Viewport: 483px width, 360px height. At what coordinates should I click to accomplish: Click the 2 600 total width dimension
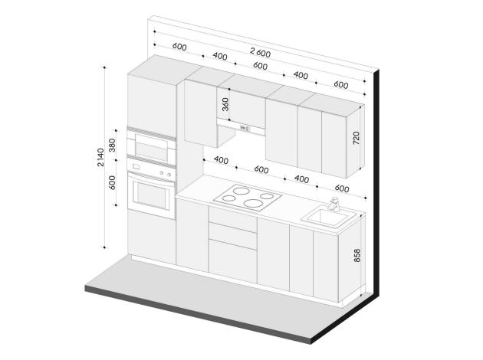(261, 53)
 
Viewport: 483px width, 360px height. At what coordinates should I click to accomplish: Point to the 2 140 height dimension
(100, 157)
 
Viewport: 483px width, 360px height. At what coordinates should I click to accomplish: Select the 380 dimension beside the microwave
(112, 145)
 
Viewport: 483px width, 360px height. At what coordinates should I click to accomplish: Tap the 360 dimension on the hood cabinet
(225, 104)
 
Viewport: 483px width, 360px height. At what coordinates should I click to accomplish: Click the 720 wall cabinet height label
(356, 138)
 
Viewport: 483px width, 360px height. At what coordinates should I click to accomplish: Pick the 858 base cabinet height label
(356, 255)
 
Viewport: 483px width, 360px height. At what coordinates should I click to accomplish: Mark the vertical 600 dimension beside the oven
(112, 182)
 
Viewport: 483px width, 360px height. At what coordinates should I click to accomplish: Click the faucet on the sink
(334, 205)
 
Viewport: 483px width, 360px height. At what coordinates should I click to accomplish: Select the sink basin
(329, 218)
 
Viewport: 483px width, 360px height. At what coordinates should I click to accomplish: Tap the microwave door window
(151, 150)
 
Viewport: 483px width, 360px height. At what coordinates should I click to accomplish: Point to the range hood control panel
(245, 129)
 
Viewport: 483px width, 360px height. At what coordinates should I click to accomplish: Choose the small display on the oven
(136, 167)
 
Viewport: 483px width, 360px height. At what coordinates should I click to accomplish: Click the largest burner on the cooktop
(254, 203)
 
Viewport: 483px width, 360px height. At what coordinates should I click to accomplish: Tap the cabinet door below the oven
(152, 237)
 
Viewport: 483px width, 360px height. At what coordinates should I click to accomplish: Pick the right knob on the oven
(169, 175)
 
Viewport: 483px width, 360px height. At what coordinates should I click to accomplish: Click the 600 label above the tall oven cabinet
(179, 47)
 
